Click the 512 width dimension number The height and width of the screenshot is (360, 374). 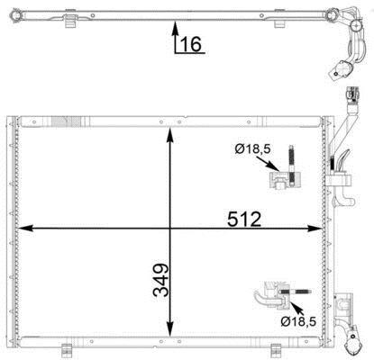click(x=244, y=220)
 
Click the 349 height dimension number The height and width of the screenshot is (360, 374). click(x=160, y=280)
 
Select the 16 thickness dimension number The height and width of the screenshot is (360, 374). click(x=191, y=44)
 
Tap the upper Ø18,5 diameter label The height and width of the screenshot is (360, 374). click(x=252, y=148)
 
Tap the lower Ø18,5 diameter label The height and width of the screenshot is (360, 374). click(x=298, y=322)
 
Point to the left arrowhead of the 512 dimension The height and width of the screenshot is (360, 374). click(x=25, y=229)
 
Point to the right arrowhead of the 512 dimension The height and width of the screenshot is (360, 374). click(x=315, y=229)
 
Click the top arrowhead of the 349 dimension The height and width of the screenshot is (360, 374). click(x=170, y=134)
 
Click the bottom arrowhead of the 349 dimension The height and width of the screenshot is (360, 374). click(x=170, y=329)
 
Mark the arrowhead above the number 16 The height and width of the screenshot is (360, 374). click(x=176, y=28)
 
